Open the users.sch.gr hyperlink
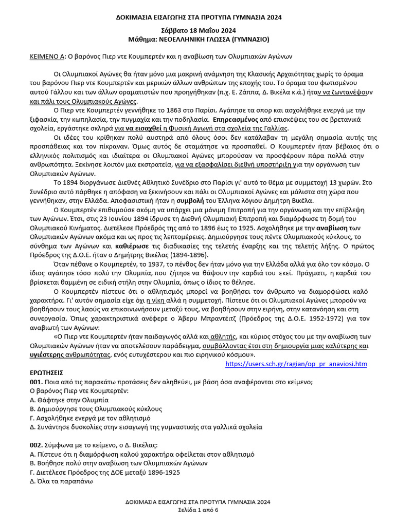(x=296, y=364)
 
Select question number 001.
(x=37, y=382)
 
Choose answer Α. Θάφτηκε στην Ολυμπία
(x=69, y=400)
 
